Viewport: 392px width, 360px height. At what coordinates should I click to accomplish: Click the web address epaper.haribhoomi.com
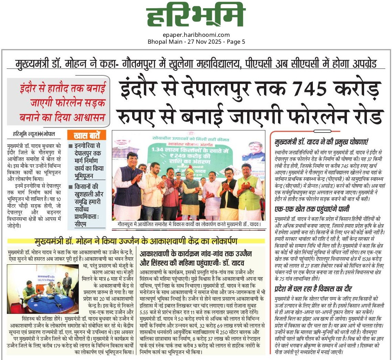(x=196, y=35)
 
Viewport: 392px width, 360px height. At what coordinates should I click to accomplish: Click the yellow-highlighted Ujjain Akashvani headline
(x=136, y=240)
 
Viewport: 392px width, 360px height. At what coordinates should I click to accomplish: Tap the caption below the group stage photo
(x=188, y=225)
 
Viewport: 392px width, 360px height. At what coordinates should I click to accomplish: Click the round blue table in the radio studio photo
(x=48, y=303)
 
